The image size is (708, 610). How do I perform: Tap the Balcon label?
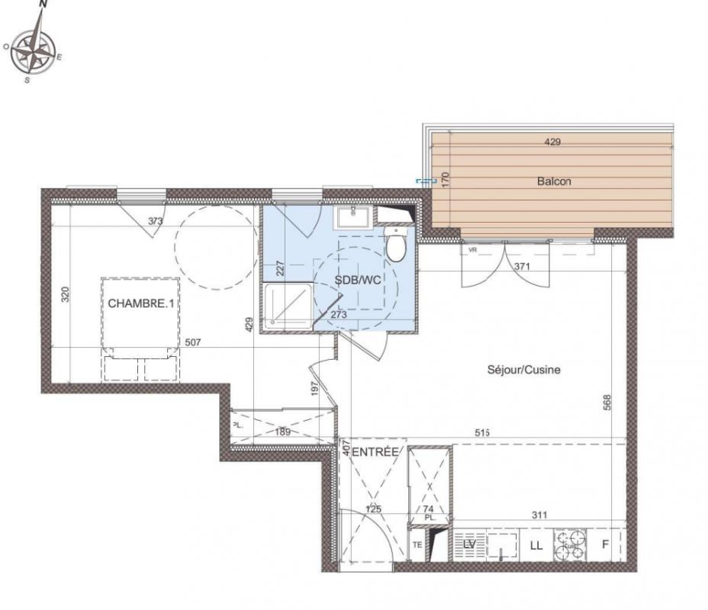tap(554, 181)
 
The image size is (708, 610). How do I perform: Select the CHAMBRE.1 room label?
tap(141, 303)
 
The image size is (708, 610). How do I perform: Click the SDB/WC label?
tap(358, 280)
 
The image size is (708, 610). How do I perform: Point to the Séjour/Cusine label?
tap(524, 370)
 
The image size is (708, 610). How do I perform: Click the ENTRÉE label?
tap(375, 451)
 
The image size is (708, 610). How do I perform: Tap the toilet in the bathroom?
tap(397, 245)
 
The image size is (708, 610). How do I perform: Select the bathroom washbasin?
tap(352, 217)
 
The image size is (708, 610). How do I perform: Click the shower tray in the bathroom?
tap(288, 306)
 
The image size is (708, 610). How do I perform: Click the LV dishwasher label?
tap(470, 545)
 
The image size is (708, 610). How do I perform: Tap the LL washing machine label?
tap(536, 546)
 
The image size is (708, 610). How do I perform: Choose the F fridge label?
tap(606, 544)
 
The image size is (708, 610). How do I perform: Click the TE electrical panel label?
tap(417, 545)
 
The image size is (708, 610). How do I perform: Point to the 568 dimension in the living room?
tap(607, 403)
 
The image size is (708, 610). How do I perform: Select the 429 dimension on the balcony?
tap(552, 142)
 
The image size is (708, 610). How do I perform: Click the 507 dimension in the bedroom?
tap(193, 342)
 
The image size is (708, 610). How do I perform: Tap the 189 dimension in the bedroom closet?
tap(282, 432)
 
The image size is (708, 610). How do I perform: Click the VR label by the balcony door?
tap(473, 249)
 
